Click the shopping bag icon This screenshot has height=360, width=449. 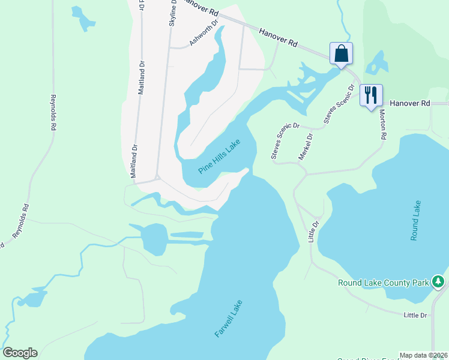point(341,53)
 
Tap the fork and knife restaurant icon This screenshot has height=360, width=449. point(370,95)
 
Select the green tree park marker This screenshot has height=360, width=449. point(439,281)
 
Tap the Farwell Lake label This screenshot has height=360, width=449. point(229,318)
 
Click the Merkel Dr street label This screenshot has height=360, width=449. point(306,146)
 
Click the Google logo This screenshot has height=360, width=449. point(20,353)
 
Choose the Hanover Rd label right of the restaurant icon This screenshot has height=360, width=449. point(410,103)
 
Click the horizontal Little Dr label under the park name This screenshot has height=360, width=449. point(415,315)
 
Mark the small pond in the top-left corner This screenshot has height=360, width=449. point(83,19)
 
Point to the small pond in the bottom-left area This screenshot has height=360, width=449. point(33,297)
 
